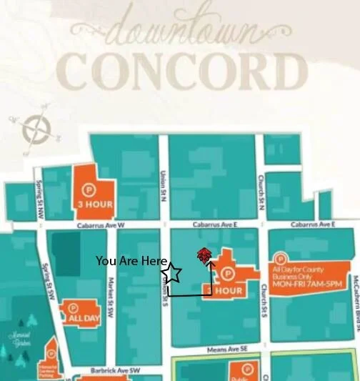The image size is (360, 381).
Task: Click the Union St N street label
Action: (x=163, y=189)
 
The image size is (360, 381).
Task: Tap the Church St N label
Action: (x=262, y=192)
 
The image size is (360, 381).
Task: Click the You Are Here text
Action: (x=131, y=262)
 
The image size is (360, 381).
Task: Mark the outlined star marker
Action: (x=172, y=273)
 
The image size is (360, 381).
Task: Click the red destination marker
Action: (x=204, y=255)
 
